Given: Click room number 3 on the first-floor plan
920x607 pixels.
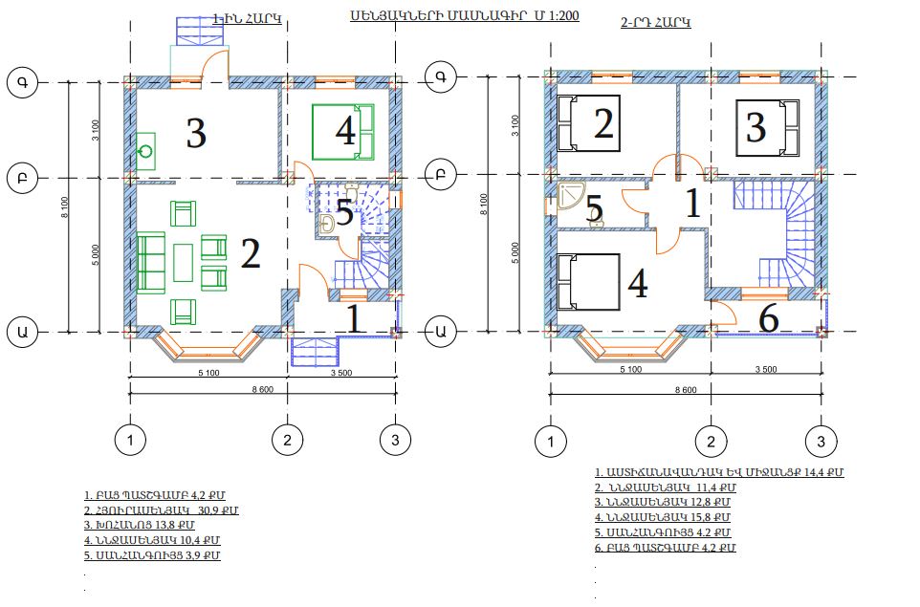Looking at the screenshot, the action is (196, 133).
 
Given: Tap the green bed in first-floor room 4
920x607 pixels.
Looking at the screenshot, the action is (343, 132).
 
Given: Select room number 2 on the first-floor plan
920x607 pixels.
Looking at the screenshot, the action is (251, 254).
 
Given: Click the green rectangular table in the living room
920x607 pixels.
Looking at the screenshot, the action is (183, 262).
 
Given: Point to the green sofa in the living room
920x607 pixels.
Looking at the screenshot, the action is (151, 262).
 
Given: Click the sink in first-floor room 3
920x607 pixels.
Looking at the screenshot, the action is (145, 151).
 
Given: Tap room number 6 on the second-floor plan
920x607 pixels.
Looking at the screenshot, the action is (769, 319).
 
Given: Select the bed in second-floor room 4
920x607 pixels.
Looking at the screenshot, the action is (588, 281).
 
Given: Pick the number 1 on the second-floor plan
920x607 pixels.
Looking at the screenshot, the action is (693, 204).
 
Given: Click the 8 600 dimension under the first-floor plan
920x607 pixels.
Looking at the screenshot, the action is (262, 389).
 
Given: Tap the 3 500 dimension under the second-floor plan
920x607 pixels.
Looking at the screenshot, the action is (766, 369).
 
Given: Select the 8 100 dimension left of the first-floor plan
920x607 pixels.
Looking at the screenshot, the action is (64, 207).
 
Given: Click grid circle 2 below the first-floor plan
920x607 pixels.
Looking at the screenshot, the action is (288, 440).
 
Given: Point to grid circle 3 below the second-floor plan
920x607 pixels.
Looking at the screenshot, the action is (821, 441).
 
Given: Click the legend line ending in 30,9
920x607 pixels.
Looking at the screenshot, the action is (162, 510).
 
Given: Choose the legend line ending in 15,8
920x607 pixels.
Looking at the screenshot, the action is (663, 517).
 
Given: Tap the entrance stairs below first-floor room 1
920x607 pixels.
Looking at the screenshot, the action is (315, 352).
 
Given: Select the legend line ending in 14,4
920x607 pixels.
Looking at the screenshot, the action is (719, 472).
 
